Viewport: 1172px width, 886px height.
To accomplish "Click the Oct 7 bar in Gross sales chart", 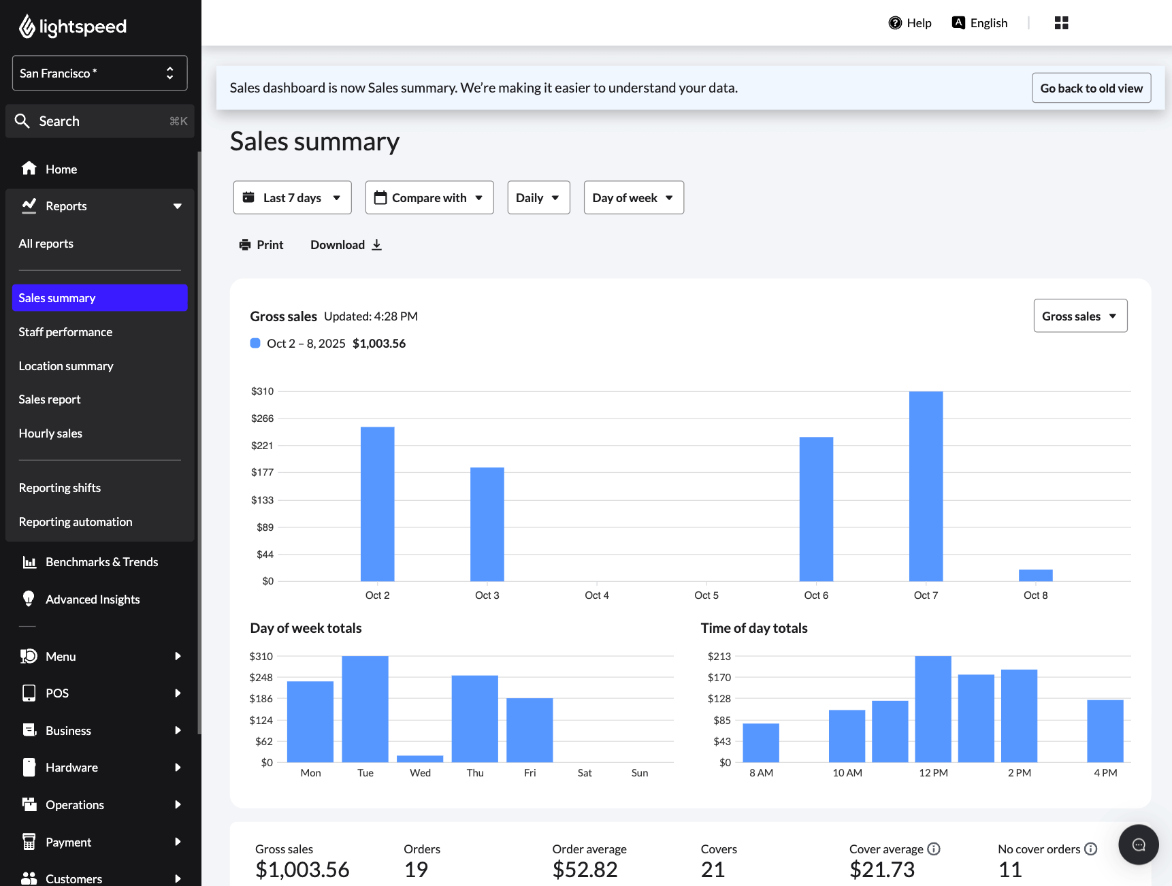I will [926, 486].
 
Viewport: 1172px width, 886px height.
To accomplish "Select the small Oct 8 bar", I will [1035, 576].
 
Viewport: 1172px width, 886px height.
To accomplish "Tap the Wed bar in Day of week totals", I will [420, 759].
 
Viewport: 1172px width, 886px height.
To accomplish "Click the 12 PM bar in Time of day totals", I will [932, 709].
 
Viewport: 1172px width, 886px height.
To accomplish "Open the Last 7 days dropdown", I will [292, 198].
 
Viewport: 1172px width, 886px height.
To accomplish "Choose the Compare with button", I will [429, 198].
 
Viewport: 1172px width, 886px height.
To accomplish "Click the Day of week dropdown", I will [633, 198].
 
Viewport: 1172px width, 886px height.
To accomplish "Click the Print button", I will [261, 245].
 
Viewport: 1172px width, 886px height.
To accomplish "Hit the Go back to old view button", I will [1090, 88].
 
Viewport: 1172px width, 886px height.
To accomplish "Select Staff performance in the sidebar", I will [65, 332].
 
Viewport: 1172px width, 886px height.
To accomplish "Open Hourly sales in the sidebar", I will [50, 433].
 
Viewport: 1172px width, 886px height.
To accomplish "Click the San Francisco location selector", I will [99, 73].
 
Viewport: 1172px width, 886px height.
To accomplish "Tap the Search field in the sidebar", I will [99, 121].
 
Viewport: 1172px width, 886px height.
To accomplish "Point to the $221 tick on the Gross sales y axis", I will [262, 446].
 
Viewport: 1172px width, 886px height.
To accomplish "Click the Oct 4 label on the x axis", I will [596, 595].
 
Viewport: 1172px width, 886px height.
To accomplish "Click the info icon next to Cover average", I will [934, 849].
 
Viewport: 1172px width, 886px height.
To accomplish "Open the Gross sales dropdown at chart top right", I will [1079, 316].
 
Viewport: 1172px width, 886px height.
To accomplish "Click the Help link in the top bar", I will [910, 23].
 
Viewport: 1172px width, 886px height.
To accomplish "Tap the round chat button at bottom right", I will [1138, 844].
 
